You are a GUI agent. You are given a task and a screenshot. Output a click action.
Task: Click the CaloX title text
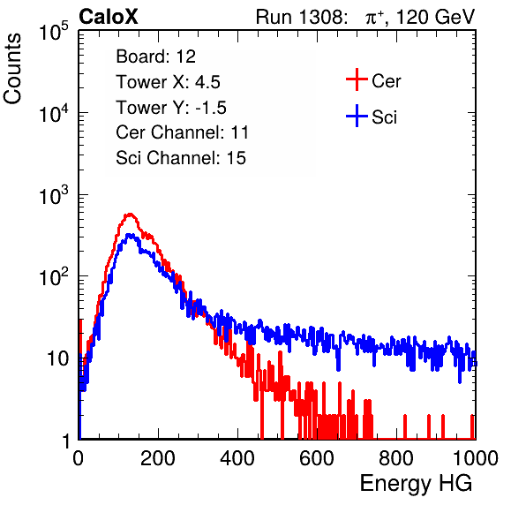(x=108, y=17)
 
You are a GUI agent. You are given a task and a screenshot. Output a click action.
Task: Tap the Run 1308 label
(x=300, y=17)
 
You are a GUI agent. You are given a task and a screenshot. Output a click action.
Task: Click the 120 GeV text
(x=436, y=17)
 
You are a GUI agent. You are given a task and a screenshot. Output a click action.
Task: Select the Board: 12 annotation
(x=155, y=57)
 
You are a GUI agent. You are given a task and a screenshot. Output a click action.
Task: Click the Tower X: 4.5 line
(x=168, y=82)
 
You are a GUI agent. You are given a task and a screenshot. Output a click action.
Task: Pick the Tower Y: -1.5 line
(x=171, y=108)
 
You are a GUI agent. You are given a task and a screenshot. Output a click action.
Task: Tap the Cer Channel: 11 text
(x=182, y=132)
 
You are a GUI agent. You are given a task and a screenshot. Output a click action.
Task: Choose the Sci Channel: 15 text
(x=181, y=158)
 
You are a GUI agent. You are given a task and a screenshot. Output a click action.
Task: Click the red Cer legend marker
(x=357, y=79)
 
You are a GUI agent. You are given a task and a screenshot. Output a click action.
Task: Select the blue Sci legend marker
(x=357, y=116)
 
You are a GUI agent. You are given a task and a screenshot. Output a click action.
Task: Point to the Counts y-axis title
(x=12, y=69)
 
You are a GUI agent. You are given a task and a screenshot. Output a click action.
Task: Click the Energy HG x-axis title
(x=416, y=484)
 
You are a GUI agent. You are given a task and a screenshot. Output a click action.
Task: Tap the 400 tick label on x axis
(x=237, y=458)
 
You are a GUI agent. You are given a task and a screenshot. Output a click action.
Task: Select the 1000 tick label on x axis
(x=476, y=458)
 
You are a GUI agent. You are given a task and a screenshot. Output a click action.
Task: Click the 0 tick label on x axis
(x=79, y=458)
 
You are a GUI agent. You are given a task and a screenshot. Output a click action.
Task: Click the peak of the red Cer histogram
(x=130, y=214)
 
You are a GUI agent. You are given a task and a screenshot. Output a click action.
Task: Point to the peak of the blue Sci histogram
(x=130, y=235)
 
